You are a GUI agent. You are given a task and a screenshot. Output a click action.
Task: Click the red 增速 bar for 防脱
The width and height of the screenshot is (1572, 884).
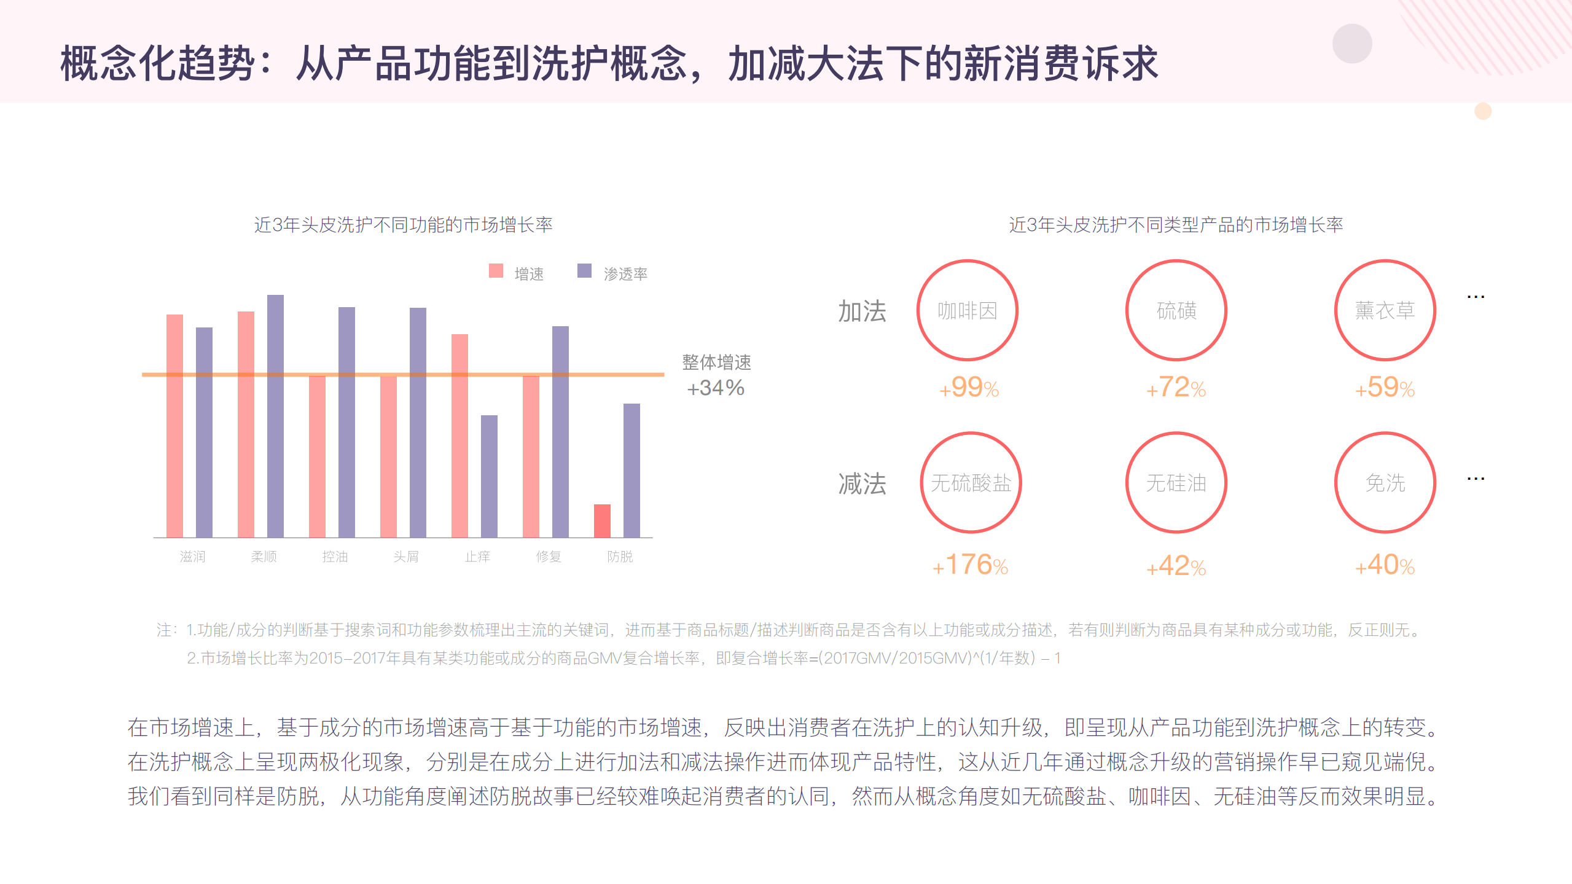click(602, 521)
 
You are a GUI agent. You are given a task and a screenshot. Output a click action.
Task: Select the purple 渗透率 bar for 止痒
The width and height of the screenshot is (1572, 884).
click(489, 476)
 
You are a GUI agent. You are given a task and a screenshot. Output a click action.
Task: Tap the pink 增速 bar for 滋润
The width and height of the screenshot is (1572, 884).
click(174, 426)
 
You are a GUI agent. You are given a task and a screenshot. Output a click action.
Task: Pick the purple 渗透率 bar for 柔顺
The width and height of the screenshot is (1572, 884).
click(275, 416)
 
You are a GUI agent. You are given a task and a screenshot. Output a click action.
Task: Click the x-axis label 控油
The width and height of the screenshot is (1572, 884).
click(335, 557)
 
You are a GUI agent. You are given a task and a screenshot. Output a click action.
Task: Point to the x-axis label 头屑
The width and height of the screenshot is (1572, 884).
click(406, 557)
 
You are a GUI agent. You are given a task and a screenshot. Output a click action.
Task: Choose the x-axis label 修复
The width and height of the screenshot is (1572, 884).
click(549, 557)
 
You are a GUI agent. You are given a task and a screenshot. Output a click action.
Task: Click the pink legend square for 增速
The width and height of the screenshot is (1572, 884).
click(496, 271)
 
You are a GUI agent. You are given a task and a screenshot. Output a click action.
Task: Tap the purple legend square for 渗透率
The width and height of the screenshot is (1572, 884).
click(584, 271)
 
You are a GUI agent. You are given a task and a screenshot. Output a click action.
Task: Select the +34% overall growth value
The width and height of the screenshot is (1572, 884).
click(716, 388)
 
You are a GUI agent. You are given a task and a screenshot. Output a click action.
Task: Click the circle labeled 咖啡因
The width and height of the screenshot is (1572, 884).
click(967, 310)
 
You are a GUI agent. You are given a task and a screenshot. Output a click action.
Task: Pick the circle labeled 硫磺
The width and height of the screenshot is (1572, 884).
click(1176, 310)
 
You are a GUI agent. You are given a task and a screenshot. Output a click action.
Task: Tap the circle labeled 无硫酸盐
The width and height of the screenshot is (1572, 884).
click(971, 483)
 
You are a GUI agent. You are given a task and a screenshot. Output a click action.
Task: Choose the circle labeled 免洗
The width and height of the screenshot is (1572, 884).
click(1385, 483)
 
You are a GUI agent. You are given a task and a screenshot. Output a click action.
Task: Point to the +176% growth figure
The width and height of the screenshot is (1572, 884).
click(971, 565)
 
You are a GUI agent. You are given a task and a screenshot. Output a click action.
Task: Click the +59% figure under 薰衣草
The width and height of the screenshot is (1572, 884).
click(1385, 388)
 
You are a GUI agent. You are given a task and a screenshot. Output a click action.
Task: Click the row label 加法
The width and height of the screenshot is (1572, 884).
click(862, 311)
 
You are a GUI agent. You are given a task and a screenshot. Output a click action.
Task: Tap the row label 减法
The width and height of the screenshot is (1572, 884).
click(862, 484)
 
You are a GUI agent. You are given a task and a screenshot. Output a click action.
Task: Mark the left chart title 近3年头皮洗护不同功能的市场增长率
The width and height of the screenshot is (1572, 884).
click(403, 225)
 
